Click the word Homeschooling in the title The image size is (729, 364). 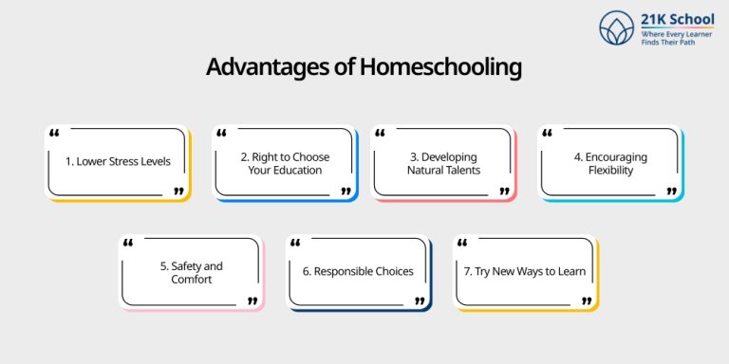440,68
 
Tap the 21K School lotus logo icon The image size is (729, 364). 617,27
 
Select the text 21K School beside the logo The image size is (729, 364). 669,20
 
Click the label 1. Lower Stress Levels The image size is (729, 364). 118,161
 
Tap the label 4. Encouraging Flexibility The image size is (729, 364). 610,163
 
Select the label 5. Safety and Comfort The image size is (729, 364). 191,273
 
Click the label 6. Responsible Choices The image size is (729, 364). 358,272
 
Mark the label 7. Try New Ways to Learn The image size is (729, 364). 524,272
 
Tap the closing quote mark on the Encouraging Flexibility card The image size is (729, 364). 672,191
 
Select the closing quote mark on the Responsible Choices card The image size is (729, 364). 420,300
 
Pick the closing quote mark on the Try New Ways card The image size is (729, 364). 587,300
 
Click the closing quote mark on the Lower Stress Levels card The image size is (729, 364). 178,191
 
